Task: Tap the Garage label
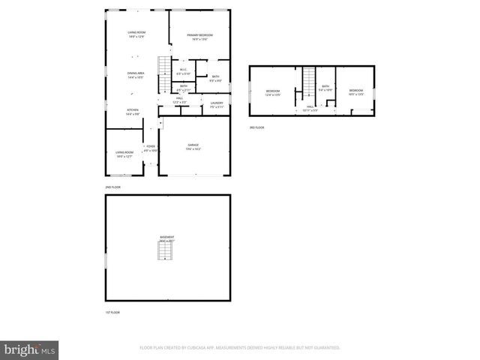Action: pos(193,147)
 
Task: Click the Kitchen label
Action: pos(132,112)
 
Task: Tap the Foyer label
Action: pos(151,148)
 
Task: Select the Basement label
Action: pos(167,238)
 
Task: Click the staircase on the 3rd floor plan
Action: pos(308,79)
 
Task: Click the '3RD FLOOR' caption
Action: pos(257,127)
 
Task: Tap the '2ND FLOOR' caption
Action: pos(112,187)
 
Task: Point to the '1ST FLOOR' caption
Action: pos(112,312)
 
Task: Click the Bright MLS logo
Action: pos(29,349)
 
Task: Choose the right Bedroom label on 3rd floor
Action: pos(355,92)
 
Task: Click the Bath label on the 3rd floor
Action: pos(325,88)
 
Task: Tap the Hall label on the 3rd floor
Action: pos(310,108)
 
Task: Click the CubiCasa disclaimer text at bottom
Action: pos(239,348)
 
